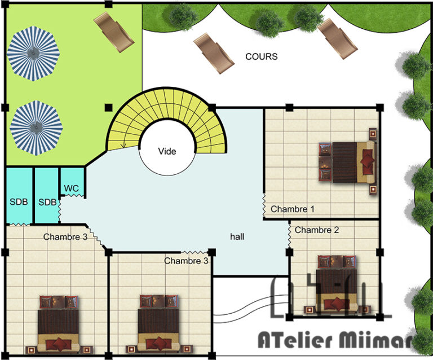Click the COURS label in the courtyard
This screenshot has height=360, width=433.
pyautogui.click(x=261, y=56)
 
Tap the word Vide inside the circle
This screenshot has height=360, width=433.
pyautogui.click(x=167, y=151)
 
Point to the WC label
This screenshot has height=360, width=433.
pyautogui.click(x=71, y=188)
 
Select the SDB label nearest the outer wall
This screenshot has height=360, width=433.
pyautogui.click(x=19, y=202)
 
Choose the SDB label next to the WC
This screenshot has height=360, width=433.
pyautogui.click(x=47, y=202)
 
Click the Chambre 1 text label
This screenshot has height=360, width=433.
pyautogui.click(x=293, y=209)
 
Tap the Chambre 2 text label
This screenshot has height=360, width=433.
pyautogui.click(x=317, y=230)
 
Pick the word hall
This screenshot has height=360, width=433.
pyautogui.click(x=237, y=236)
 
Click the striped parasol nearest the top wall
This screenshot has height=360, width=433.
pyautogui.click(x=33, y=54)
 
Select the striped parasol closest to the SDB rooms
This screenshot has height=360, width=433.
pyautogui.click(x=36, y=128)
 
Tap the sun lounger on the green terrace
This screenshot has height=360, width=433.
pyautogui.click(x=114, y=32)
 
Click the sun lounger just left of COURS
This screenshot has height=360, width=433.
pyautogui.click(x=214, y=54)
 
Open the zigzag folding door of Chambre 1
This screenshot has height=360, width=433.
pyautogui.click(x=264, y=205)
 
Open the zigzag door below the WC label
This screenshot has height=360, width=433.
pyautogui.click(x=72, y=196)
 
